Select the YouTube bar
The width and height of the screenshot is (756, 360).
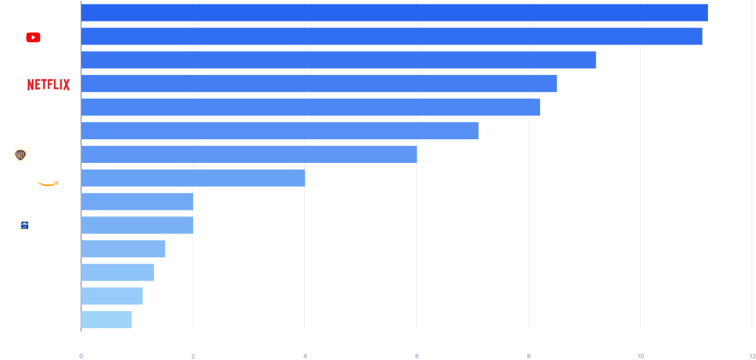coord(391,37)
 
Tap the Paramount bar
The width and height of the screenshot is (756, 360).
coord(338,60)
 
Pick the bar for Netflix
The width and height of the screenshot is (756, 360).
coord(318,84)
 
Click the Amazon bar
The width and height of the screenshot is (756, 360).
coord(192,178)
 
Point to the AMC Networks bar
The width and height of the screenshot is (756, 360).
coord(106,320)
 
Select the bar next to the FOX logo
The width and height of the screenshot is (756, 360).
coord(280,131)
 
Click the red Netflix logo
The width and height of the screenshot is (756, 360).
coord(49,84)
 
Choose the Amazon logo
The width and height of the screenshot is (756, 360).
coord(51,179)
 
